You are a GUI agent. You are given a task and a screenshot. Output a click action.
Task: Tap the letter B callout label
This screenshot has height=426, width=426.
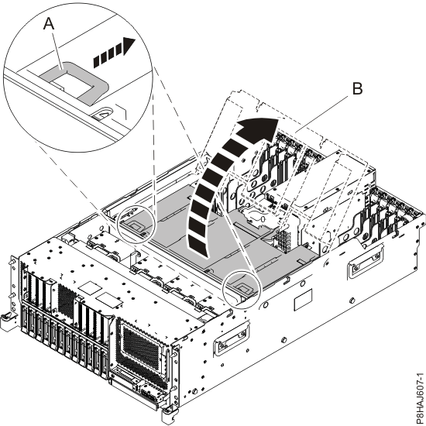coord(356,89)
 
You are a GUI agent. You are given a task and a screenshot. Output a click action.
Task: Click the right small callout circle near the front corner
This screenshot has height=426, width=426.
coord(242,289)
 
